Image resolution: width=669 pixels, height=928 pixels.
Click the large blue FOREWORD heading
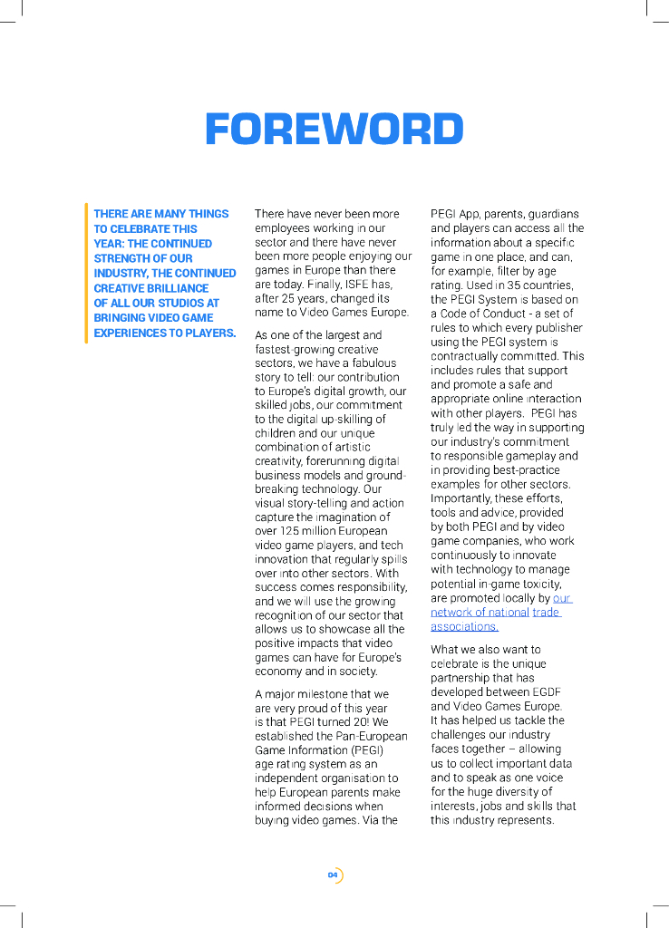(334, 130)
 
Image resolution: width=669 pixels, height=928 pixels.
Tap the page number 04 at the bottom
(333, 875)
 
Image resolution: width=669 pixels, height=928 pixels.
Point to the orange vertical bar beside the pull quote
(86, 273)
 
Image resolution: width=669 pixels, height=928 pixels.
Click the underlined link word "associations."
(464, 626)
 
